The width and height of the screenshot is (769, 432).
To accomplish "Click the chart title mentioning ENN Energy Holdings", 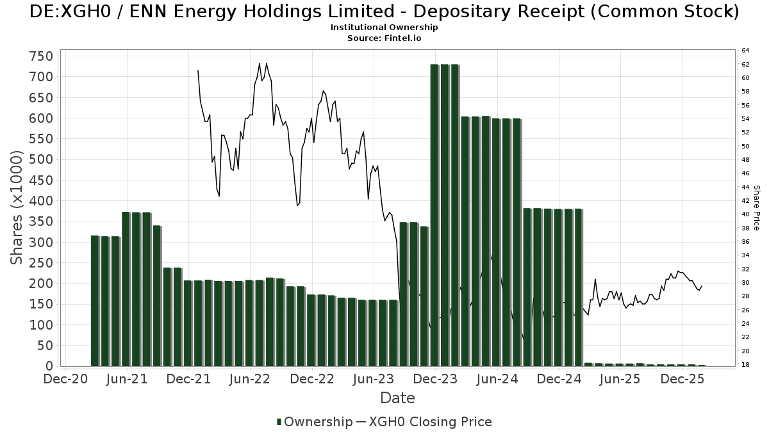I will click(x=384, y=12).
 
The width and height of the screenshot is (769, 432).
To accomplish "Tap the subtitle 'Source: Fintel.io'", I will click(x=384, y=38).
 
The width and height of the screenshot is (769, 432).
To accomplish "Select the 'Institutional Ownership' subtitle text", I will click(x=384, y=28).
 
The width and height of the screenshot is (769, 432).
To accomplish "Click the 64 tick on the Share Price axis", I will click(x=745, y=50).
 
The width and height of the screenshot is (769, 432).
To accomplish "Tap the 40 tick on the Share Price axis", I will click(x=745, y=214).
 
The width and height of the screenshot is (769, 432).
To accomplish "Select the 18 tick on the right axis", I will click(x=745, y=365).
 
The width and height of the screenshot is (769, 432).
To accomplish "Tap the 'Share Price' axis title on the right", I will click(x=756, y=207).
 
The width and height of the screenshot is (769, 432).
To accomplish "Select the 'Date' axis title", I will click(x=397, y=398).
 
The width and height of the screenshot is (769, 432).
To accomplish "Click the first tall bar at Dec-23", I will click(x=434, y=215).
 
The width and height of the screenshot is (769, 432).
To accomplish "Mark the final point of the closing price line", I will click(x=702, y=286).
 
